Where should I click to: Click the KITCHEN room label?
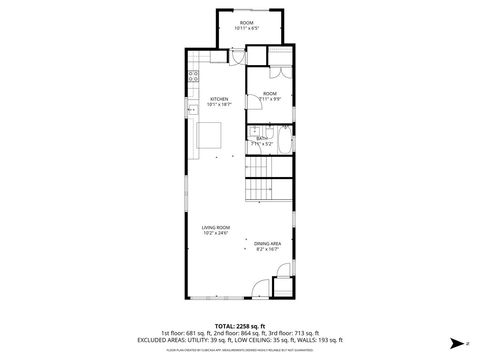point(219,98)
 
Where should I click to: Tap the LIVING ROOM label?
point(215,228)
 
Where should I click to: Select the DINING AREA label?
point(266,243)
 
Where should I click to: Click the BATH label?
point(261,138)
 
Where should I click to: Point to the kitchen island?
point(211,136)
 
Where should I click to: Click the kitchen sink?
point(189,111)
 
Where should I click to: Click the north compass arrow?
point(453,343)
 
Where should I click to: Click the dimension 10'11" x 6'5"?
point(247,28)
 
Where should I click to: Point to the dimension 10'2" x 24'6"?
point(215,234)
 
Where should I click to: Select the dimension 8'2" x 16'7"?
point(266,249)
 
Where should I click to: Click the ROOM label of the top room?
point(247,22)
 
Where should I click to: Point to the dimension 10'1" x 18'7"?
point(219,104)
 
